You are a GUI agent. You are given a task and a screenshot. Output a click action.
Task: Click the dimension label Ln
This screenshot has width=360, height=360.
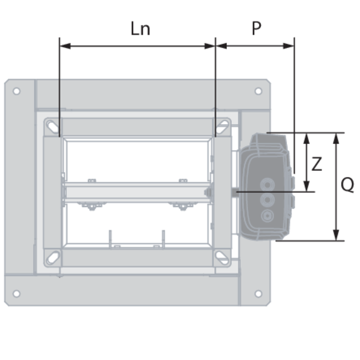click(140, 28)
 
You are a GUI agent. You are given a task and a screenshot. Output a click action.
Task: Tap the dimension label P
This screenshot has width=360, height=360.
click(256, 28)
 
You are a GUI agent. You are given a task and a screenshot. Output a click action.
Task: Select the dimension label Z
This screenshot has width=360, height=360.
click(317, 164)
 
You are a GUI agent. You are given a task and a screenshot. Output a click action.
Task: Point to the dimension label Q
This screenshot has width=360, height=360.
click(347, 185)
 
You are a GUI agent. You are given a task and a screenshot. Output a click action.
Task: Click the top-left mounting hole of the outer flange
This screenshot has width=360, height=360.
click(17, 91)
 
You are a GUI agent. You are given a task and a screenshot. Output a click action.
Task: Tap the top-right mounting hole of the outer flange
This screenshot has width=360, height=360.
click(258, 91)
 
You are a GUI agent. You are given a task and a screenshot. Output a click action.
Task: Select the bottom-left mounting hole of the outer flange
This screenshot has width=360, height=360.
click(17, 293)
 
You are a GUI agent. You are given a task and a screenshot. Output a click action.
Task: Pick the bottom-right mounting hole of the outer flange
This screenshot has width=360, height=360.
click(258, 293)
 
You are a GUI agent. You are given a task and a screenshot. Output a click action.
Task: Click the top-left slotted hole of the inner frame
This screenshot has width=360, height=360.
click(53, 127)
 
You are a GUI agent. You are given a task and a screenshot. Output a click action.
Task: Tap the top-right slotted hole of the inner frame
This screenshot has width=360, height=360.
click(222, 127)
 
